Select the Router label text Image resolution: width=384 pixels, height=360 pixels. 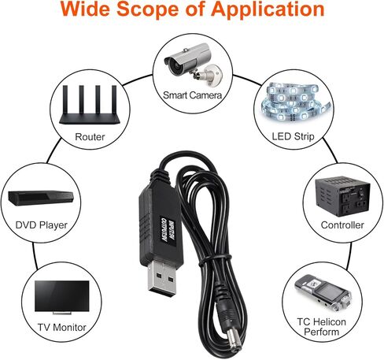click(90, 135)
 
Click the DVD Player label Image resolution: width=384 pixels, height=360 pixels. click(42, 225)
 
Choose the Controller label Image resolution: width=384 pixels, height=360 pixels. click(342, 225)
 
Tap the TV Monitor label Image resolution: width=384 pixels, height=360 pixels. click(61, 326)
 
